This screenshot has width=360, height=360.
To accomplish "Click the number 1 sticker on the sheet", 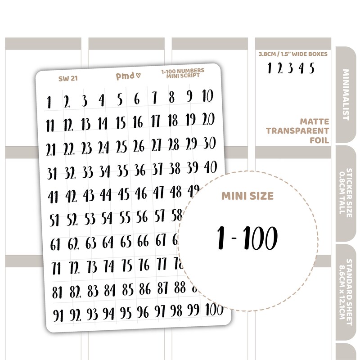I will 48,101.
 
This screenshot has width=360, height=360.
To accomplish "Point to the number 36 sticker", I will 140,171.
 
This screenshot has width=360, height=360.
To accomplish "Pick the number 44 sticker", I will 106,195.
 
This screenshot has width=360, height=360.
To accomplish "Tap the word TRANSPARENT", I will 297,131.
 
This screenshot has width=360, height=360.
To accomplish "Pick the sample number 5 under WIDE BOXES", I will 312,68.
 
